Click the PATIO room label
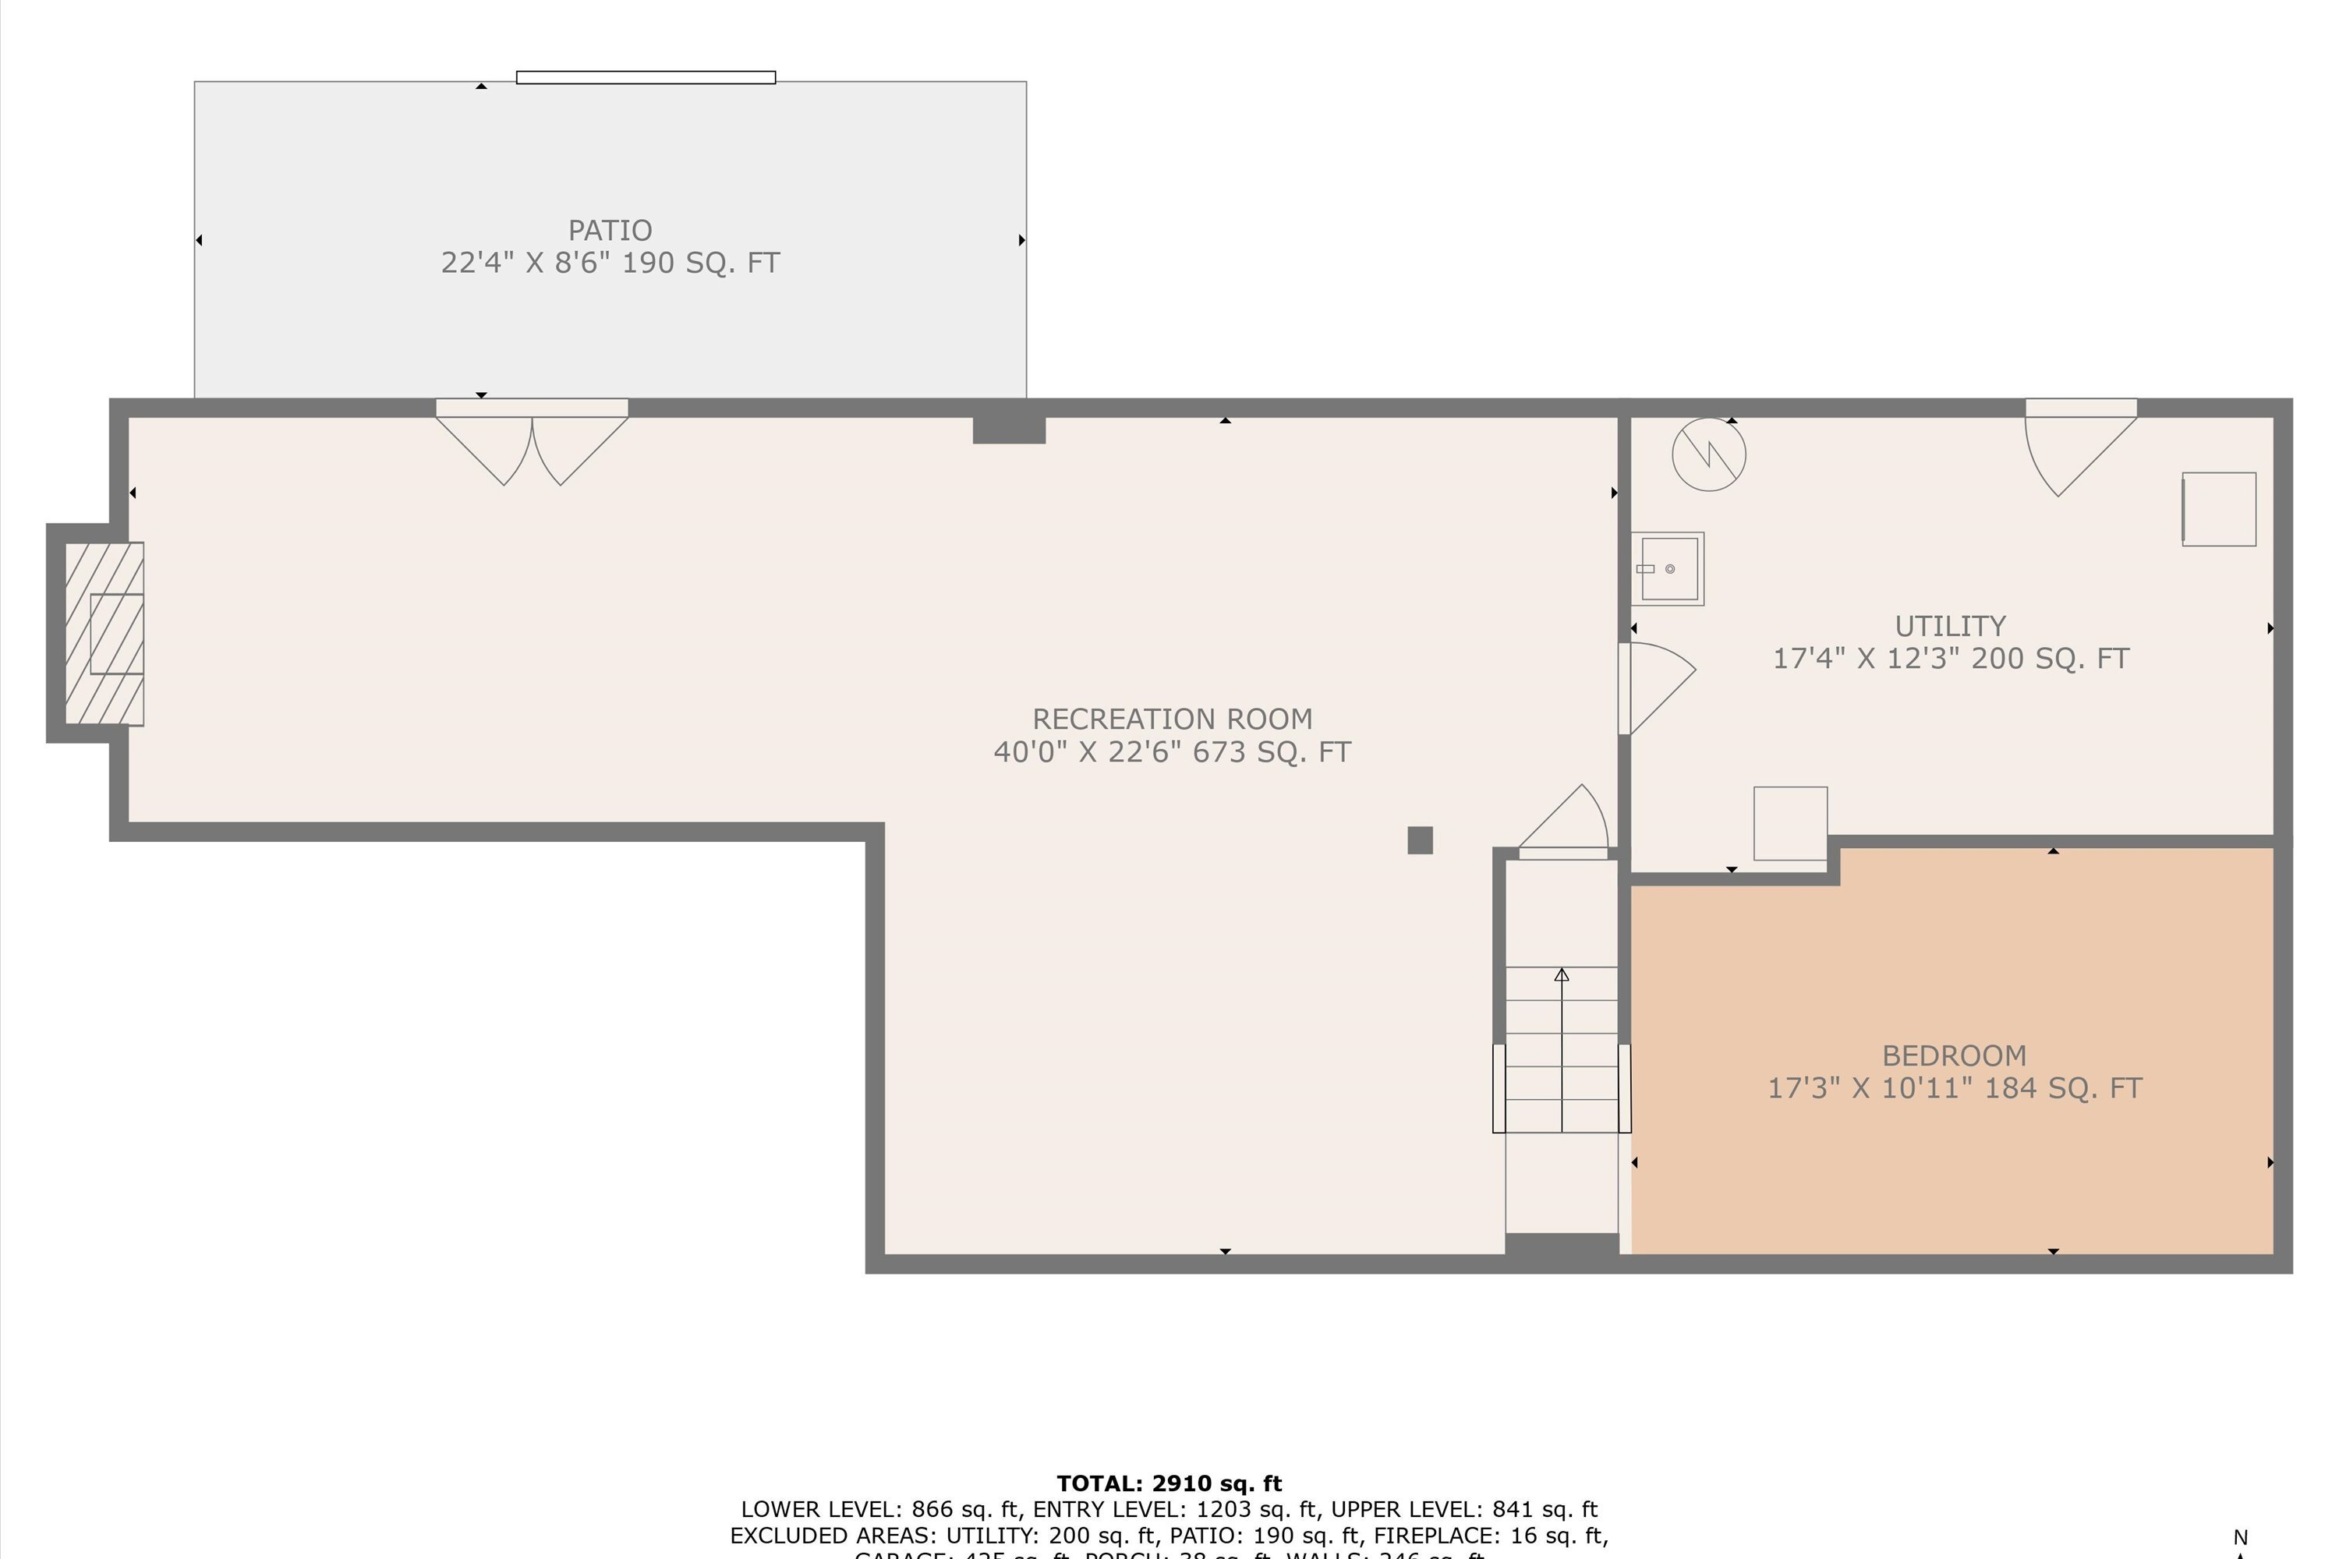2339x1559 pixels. click(610, 231)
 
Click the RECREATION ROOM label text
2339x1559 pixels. click(1172, 719)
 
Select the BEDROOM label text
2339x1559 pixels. click(1953, 1055)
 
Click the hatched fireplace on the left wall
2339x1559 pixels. click(104, 633)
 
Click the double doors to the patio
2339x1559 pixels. click(532, 443)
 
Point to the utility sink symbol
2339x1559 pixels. click(1668, 569)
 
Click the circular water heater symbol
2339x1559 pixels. click(1708, 454)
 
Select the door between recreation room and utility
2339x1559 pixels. click(1656, 688)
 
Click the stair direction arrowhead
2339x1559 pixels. click(1562, 975)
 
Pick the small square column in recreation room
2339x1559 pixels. click(1420, 840)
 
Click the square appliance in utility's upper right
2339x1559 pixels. click(2219, 509)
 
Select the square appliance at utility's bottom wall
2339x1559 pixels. click(1790, 823)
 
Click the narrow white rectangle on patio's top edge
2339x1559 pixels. click(646, 77)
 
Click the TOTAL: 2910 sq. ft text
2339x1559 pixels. click(1169, 1483)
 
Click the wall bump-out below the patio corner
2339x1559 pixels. click(1008, 430)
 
